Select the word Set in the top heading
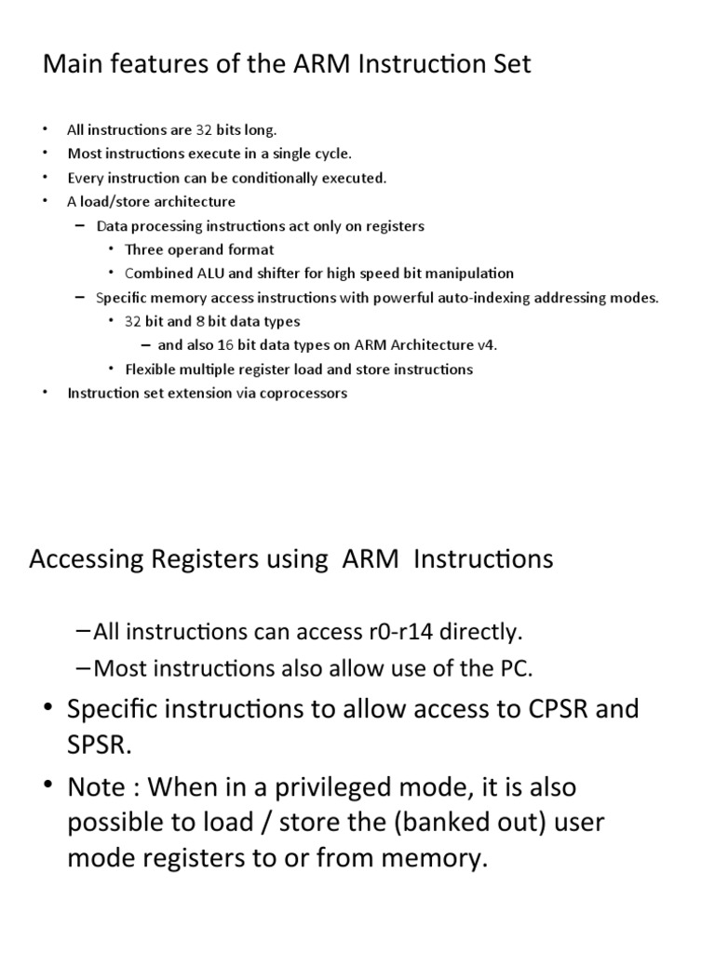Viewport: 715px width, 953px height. point(510,66)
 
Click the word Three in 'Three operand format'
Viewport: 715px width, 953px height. point(143,249)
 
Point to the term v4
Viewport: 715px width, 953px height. point(487,345)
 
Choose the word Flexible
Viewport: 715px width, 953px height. point(149,369)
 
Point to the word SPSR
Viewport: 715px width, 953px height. point(100,745)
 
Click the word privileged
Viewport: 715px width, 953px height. point(306,787)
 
